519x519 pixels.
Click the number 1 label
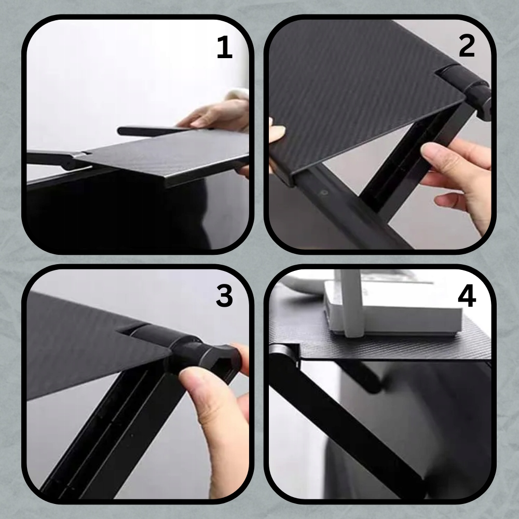pos(224,47)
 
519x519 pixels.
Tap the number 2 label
pos(467,46)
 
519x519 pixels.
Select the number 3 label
pos(224,296)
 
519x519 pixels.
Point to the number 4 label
pos(467,296)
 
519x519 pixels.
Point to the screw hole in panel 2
pos(324,193)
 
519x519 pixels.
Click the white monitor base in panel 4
pos(394,309)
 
